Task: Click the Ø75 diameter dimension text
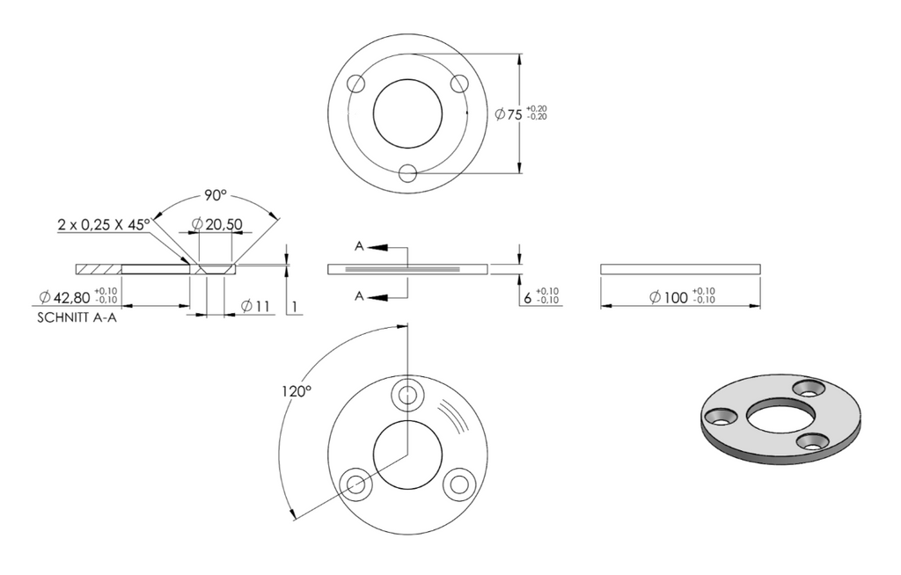pyautogui.click(x=509, y=114)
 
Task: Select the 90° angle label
pyautogui.click(x=215, y=196)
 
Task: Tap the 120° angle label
pyautogui.click(x=297, y=392)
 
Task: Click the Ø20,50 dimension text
pyautogui.click(x=216, y=224)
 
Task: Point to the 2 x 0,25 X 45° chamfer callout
pyautogui.click(x=104, y=224)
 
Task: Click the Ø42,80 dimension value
pyautogui.click(x=65, y=297)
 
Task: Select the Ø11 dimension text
pyautogui.click(x=255, y=306)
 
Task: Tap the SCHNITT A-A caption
pyautogui.click(x=77, y=317)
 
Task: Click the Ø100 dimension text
pyautogui.click(x=669, y=297)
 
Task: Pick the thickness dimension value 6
pyautogui.click(x=528, y=297)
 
